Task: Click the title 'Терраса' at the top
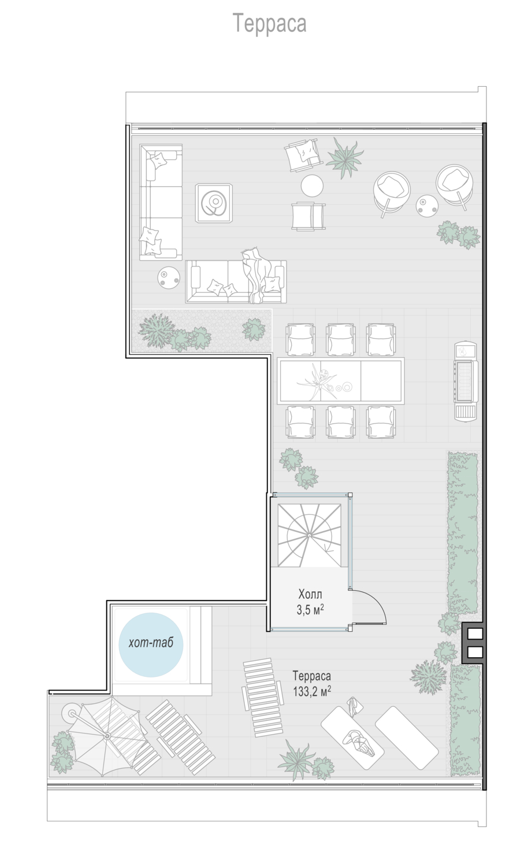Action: pos(269,24)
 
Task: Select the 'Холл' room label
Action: pos(310,594)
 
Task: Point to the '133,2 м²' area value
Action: pos(312,691)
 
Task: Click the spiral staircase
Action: pos(309,535)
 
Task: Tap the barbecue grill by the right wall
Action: pos(466,380)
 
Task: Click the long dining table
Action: pos(340,381)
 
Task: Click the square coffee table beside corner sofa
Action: pos(214,203)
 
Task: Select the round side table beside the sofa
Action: pos(169,277)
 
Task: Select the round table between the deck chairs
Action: pos(312,186)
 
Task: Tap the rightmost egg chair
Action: pos(455,185)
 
